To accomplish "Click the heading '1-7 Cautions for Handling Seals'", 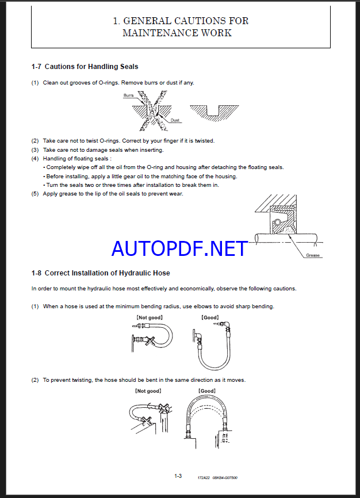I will click(85, 67).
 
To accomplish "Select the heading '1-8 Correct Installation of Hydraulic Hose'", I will click(101, 273).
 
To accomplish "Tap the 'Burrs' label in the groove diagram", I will click(129, 95).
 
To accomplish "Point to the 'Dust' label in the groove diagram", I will click(175, 120).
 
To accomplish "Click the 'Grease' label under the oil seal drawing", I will click(313, 255).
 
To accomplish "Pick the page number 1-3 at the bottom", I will click(178, 476).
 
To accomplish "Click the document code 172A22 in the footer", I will click(204, 477).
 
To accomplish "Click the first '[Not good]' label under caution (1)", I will click(149, 317).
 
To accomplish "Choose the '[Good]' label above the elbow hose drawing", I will click(210, 317).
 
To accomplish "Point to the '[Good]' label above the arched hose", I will click(207, 391).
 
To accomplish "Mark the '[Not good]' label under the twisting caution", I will click(148, 391).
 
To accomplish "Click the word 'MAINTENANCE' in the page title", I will click(161, 33).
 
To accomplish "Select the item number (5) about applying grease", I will click(35, 193).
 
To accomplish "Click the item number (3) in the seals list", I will click(35, 150).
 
